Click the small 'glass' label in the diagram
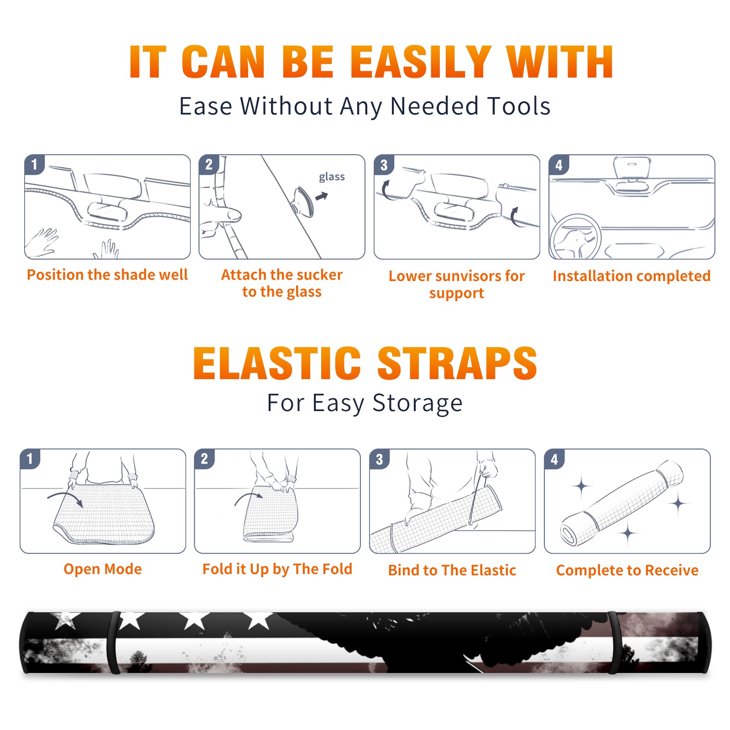[332, 177]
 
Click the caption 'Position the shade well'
[107, 275]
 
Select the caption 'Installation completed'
[631, 276]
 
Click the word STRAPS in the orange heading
[457, 363]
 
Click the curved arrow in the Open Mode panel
[66, 499]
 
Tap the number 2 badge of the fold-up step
[204, 459]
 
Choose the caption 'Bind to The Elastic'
[452, 570]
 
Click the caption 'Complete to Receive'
[627, 570]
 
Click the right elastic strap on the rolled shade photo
[614, 642]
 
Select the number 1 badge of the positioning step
[35, 165]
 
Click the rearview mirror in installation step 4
[632, 168]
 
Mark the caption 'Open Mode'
[103, 569]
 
